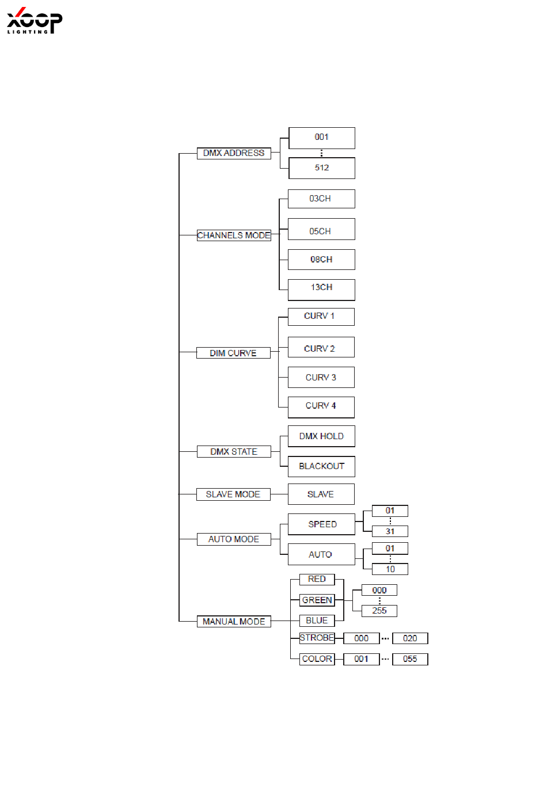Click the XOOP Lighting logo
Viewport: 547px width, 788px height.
[x=34, y=21]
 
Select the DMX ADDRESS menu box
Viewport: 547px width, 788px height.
[x=234, y=153]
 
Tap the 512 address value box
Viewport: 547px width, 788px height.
[x=322, y=168]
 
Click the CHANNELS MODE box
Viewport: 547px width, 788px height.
[x=234, y=235]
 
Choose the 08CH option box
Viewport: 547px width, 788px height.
[x=321, y=260]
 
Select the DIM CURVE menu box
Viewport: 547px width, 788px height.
[x=233, y=353]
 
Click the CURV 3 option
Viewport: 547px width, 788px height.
[x=321, y=378]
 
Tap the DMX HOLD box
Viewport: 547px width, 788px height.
[x=321, y=436]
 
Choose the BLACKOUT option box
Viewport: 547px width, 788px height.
[x=321, y=466]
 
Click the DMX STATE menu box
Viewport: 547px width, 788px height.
[x=234, y=452]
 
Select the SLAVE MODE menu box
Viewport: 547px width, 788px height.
[x=233, y=494]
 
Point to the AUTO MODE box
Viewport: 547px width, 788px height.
[x=234, y=539]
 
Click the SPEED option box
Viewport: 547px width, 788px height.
[x=322, y=524]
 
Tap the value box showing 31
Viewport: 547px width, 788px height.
[x=390, y=531]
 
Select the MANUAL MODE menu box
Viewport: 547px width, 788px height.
[x=234, y=622]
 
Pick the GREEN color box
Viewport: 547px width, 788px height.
[x=317, y=600]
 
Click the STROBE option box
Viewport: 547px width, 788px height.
[x=317, y=638]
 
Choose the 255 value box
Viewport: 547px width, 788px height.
[x=379, y=611]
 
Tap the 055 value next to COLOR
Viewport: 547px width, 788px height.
[x=410, y=659]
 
